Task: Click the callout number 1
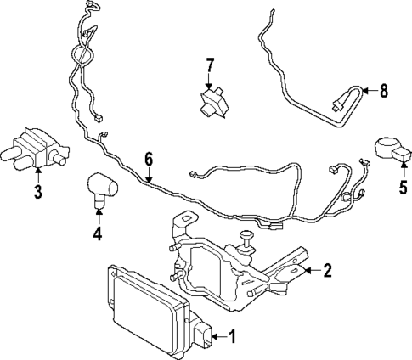[x=230, y=339]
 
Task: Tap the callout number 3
[x=38, y=193]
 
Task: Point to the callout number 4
[x=98, y=233]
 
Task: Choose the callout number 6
[x=150, y=158]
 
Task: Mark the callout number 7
[x=211, y=65]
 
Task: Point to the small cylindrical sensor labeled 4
[x=101, y=187]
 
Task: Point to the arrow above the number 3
[x=38, y=175]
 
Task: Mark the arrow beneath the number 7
[x=211, y=81]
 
